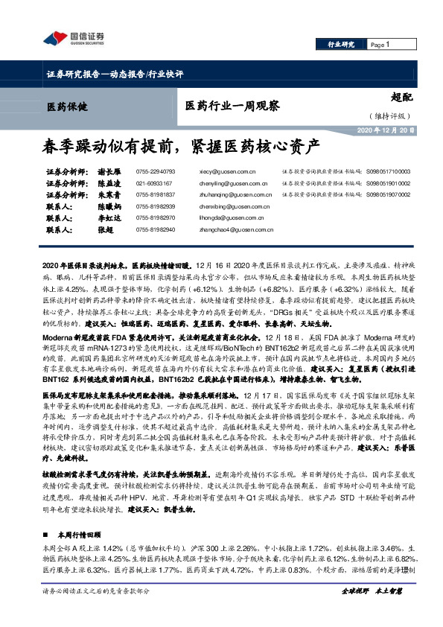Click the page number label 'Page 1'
tap(379, 45)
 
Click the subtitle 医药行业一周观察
tap(232, 106)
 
